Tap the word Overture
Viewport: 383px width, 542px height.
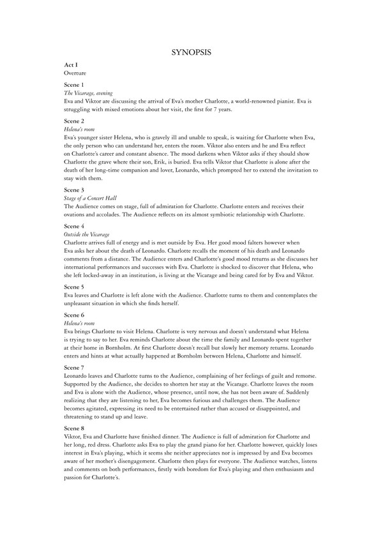tap(75, 73)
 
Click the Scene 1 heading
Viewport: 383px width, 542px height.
tap(75, 85)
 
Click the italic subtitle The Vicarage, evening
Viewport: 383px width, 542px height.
tap(89, 93)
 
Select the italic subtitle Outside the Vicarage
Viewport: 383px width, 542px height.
tap(86, 235)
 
